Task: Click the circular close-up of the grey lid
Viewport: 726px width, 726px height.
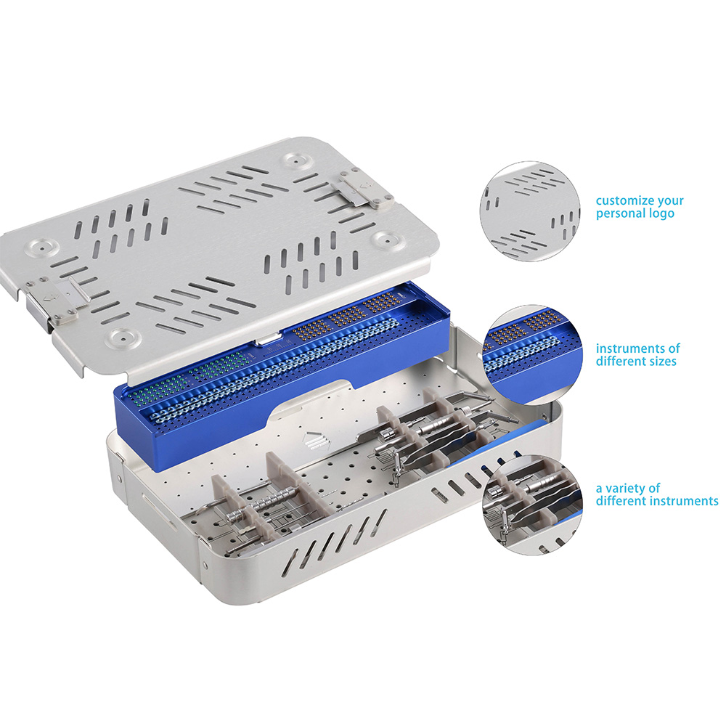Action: coord(530,211)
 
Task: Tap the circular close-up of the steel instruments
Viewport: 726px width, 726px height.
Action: coord(532,505)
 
